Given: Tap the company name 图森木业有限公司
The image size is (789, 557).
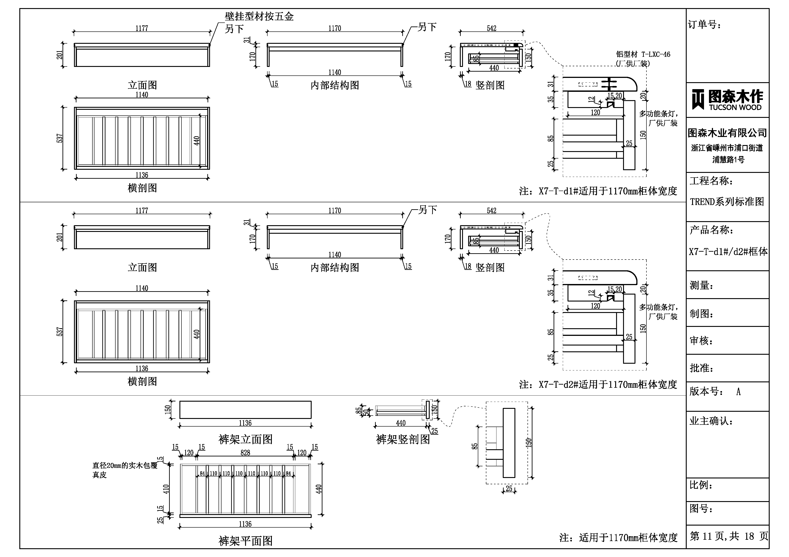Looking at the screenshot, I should coord(727,133).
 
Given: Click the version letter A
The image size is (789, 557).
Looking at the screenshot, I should coord(738,392).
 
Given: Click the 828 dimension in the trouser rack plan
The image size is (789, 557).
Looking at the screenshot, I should coord(245,453).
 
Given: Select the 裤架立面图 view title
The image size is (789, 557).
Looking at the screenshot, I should coord(245,439).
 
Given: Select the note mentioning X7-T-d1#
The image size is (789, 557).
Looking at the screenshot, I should coord(598,191).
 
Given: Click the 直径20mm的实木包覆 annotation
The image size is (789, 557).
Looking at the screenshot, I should coord(125,466).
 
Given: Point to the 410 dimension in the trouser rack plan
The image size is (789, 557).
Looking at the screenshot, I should coord(166,489).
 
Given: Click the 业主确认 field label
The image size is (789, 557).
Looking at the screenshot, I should coord(711,421).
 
